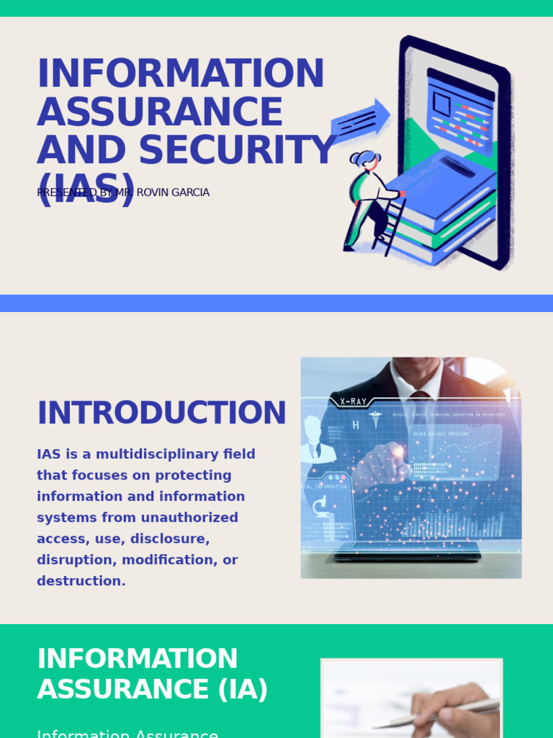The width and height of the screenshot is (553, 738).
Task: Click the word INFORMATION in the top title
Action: [180, 74]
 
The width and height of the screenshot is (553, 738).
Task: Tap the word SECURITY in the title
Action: [237, 151]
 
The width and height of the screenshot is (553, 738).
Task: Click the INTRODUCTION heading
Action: [161, 413]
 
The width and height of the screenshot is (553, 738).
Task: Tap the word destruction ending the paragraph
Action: [81, 581]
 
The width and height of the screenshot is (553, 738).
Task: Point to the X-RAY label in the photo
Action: [353, 401]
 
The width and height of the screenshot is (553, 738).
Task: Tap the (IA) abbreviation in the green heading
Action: [243, 689]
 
